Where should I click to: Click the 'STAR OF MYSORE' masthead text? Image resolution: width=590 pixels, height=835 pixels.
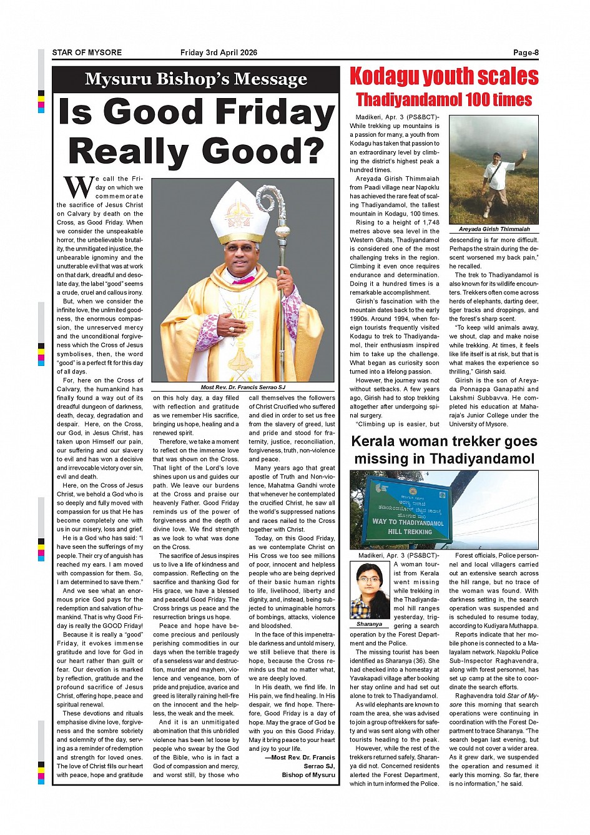(x=87, y=53)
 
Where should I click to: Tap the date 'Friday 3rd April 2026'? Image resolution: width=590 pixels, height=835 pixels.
(x=219, y=53)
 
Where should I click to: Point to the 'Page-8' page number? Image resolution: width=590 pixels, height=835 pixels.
(x=526, y=53)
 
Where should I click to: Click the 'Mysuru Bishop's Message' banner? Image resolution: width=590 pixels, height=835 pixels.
(x=195, y=79)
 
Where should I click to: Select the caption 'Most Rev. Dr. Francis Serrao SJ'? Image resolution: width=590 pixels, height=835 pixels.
(x=243, y=387)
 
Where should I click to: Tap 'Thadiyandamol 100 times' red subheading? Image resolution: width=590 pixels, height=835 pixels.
(x=444, y=100)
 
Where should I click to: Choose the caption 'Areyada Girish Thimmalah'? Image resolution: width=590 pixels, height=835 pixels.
(x=494, y=229)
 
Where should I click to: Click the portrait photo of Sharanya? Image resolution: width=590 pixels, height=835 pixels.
(x=370, y=590)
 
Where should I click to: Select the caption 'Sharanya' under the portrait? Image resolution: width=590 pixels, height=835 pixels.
(x=369, y=624)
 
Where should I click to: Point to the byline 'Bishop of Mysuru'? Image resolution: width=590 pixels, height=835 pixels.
(x=308, y=775)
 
